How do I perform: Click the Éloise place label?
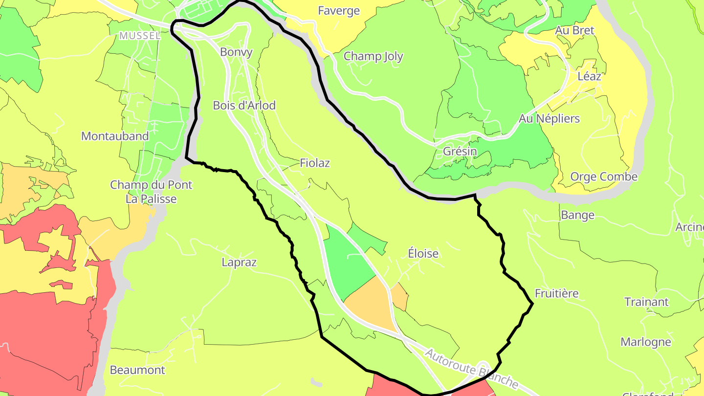coord(423,254)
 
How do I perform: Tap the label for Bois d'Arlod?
coord(244,105)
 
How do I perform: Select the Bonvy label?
coord(236,52)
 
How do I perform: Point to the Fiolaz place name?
coord(315,163)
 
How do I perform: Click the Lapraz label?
coord(239,262)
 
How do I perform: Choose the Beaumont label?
coord(137,370)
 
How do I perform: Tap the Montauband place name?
coord(115,136)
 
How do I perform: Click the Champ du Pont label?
coord(151,185)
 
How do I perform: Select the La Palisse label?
coord(151,199)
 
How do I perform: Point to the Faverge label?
coord(339,11)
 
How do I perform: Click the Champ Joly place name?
coord(374,56)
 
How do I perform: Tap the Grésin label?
coord(460,151)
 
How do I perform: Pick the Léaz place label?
coord(589,76)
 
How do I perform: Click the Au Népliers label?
coord(549,118)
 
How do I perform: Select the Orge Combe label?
coord(604,176)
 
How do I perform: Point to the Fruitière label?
coord(556,293)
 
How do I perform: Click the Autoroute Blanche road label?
coord(471,369)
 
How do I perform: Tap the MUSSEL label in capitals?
coord(140,36)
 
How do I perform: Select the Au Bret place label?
coord(574,30)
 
